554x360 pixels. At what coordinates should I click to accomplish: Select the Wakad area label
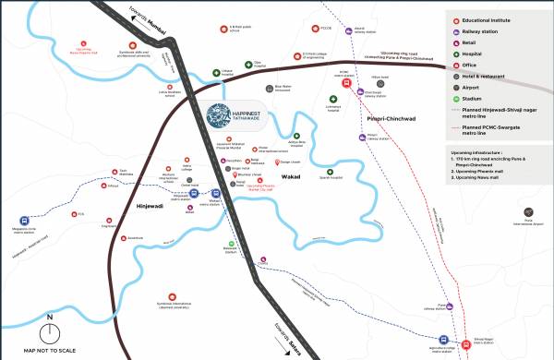(x=292, y=174)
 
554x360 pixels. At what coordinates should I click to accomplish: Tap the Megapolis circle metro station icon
(x=22, y=221)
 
